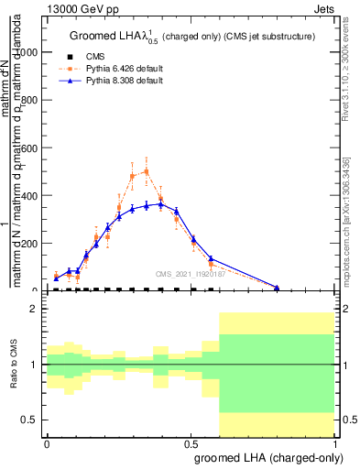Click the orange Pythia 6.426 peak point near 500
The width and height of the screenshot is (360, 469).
click(147, 170)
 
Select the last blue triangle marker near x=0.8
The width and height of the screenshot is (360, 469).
click(277, 288)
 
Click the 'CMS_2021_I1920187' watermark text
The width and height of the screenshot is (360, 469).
click(191, 273)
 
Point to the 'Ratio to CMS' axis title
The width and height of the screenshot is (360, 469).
click(13, 365)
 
